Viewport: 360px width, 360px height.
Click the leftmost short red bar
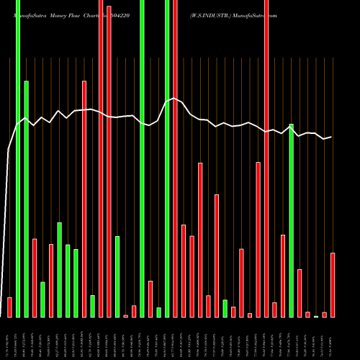(9, 307)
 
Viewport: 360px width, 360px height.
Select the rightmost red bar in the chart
(333, 285)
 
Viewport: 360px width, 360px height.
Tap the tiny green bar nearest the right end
(316, 316)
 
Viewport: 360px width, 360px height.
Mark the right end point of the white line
(331, 137)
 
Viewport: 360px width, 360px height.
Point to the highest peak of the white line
(174, 99)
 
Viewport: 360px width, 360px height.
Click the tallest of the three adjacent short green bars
(60, 270)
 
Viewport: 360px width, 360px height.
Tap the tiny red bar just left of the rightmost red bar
(325, 315)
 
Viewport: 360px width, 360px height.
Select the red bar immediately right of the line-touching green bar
(300, 293)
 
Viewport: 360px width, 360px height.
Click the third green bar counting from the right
(225, 308)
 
